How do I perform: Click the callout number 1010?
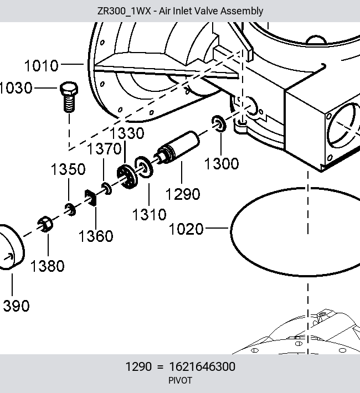42,66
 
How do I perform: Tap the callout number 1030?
16,88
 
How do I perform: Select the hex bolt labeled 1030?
69,97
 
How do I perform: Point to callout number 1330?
127,133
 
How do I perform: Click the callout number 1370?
104,149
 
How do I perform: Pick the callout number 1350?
68,169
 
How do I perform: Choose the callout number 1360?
96,236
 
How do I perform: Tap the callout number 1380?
48,266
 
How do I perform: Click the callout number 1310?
150,215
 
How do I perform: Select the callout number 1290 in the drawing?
183,194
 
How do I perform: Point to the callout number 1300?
222,164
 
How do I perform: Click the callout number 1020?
186,229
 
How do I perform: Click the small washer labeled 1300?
219,123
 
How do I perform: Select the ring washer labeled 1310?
144,167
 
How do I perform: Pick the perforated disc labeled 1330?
127,177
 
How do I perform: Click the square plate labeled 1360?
91,198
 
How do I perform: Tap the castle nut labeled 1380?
45,224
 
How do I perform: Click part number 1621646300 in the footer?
202,366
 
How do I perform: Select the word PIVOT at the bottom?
180,380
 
